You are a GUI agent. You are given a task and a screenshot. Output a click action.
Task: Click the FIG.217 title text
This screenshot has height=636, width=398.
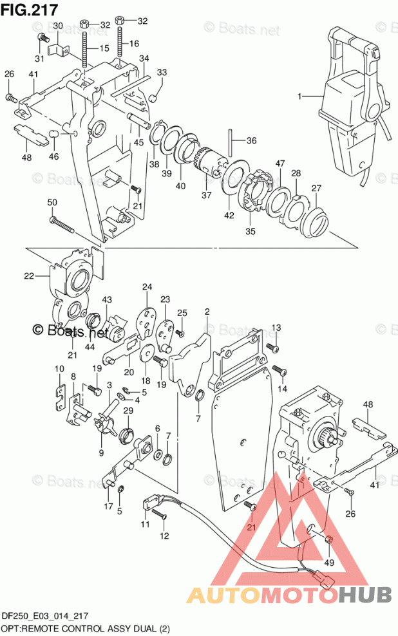[x=30, y=9]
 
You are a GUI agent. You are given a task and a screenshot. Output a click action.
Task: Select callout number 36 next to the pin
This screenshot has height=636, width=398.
[x=252, y=141]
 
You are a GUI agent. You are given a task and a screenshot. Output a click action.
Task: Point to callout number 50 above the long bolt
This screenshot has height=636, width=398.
[x=52, y=202]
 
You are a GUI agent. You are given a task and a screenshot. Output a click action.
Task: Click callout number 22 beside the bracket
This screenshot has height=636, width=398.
[x=29, y=276]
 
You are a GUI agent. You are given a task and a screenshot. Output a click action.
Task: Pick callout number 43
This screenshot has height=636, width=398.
[x=107, y=299]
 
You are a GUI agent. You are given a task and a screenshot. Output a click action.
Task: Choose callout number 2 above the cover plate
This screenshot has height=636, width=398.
[x=207, y=312]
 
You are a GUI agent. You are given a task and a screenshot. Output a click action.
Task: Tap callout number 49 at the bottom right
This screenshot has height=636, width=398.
[x=328, y=563]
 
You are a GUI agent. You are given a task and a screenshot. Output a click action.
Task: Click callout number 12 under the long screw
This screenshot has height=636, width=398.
[x=164, y=536]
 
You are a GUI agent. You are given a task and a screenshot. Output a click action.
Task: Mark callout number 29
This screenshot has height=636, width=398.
[x=128, y=411]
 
